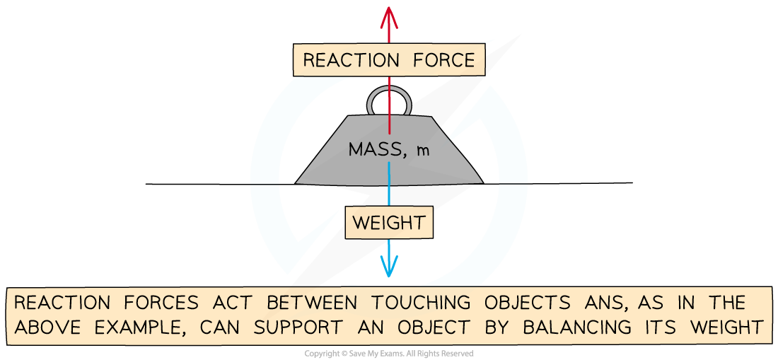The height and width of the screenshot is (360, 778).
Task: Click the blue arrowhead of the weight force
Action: pyautogui.click(x=388, y=267)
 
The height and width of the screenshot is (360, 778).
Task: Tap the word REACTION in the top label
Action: pyautogui.click(x=344, y=60)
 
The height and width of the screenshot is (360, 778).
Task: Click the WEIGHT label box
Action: pyautogui.click(x=388, y=223)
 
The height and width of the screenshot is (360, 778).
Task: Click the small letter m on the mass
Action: pyautogui.click(x=423, y=151)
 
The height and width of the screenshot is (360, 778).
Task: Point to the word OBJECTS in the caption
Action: pyautogui.click(x=528, y=303)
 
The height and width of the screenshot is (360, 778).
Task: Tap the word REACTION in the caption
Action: pyautogui.click(x=62, y=303)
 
